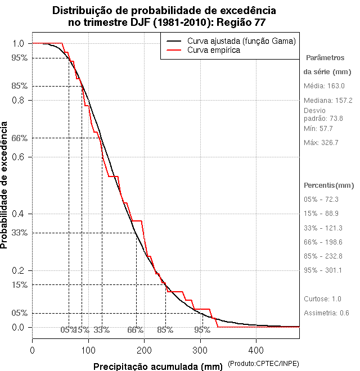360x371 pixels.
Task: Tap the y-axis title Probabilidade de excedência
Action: (x=5, y=185)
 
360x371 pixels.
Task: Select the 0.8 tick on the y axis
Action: (x=17, y=100)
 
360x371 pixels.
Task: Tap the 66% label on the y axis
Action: (x=19, y=138)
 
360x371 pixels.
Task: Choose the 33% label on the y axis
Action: (x=19, y=232)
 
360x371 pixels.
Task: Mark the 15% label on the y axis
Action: (x=19, y=284)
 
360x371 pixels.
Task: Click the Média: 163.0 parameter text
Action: (x=324, y=85)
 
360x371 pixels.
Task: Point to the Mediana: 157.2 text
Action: (x=328, y=100)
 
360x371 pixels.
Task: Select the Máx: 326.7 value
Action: (x=321, y=142)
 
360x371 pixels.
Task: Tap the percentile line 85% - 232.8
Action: (x=323, y=256)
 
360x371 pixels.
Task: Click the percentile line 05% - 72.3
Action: (x=321, y=199)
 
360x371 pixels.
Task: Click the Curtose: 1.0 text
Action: (x=322, y=298)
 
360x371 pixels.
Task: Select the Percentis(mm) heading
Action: (x=329, y=185)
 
